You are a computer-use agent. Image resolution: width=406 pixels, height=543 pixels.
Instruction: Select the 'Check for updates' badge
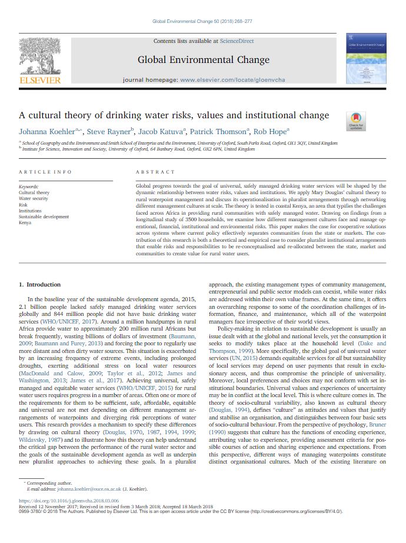pyautogui.click(x=357, y=121)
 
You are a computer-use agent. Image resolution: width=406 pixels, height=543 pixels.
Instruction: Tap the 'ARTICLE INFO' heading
pyautogui.click(x=45, y=172)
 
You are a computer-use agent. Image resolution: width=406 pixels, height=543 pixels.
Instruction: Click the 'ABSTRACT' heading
pyautogui.click(x=155, y=172)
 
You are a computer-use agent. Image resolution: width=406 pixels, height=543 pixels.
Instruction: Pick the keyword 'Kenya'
pyautogui.click(x=25, y=222)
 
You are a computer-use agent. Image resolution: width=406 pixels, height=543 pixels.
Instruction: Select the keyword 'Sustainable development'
pyautogui.click(x=44, y=216)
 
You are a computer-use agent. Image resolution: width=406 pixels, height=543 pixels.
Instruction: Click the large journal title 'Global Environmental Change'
pyautogui.click(x=203, y=59)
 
